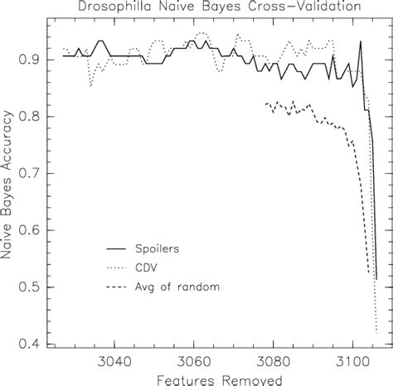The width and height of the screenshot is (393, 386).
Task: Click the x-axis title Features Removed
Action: tap(221, 379)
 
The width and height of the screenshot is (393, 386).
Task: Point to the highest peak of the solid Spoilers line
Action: tap(360, 41)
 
